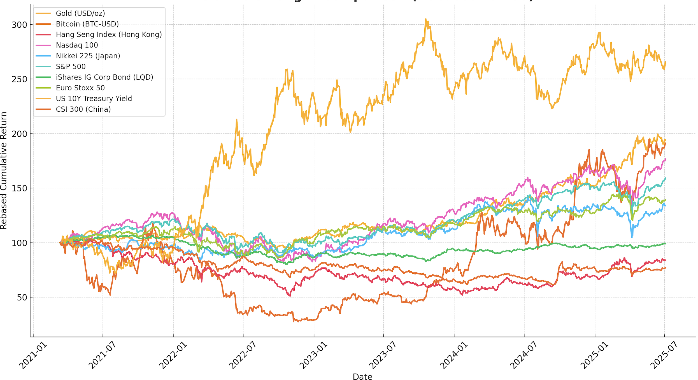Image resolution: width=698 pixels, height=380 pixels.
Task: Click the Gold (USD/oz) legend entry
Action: pyautogui.click(x=80, y=13)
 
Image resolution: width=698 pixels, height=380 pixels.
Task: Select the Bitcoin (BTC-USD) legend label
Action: pyautogui.click(x=87, y=24)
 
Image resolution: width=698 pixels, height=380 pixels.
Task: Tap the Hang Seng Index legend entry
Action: pyautogui.click(x=109, y=35)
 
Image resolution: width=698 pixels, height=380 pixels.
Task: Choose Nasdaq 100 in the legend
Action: pyautogui.click(x=77, y=45)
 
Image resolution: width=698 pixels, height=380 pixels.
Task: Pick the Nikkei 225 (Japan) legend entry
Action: pyautogui.click(x=88, y=56)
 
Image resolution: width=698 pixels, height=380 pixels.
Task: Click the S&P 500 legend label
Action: pyautogui.click(x=71, y=67)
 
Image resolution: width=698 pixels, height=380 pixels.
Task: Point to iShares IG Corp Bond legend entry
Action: pyautogui.click(x=104, y=77)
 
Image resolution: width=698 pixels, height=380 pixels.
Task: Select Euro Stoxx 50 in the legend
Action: pyautogui.click(x=80, y=88)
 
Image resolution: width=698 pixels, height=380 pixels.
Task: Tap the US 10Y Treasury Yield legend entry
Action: pyautogui.click(x=94, y=99)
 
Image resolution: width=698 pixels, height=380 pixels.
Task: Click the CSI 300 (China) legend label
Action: pyautogui.click(x=83, y=109)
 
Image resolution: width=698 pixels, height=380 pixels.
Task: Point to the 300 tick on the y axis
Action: pyautogui.click(x=19, y=25)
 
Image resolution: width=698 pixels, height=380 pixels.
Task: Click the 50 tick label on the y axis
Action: pyautogui.click(x=22, y=297)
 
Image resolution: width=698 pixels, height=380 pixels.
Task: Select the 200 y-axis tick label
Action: pyautogui.click(x=19, y=134)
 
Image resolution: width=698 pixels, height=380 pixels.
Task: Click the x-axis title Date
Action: pyautogui.click(x=362, y=377)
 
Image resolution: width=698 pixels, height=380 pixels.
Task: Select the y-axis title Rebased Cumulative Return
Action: pyautogui.click(x=4, y=170)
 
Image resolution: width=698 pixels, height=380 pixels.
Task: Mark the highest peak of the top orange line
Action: pyautogui.click(x=425, y=19)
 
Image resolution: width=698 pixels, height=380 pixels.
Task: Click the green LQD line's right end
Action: pyautogui.click(x=665, y=243)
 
